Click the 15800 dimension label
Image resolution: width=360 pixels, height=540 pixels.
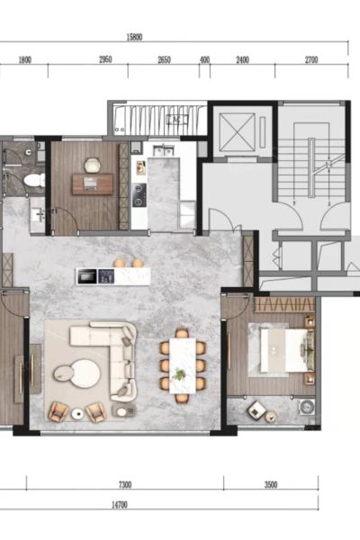tap(134, 38)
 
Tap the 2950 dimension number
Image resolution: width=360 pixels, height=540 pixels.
tap(105, 59)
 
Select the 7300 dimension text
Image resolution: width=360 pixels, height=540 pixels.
tap(125, 485)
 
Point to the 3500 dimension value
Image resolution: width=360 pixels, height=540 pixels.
tap(271, 485)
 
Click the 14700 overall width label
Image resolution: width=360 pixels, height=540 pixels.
tap(120, 505)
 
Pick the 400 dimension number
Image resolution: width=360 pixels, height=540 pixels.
tap(204, 60)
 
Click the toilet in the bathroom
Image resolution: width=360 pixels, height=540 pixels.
tap(34, 180)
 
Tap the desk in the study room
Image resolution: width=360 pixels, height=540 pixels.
tap(93, 184)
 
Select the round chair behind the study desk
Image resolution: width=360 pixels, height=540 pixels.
tap(92, 166)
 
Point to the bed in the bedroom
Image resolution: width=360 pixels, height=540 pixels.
tap(287, 350)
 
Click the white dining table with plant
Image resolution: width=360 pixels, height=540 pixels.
tap(183, 365)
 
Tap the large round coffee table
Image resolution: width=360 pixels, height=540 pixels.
tap(86, 373)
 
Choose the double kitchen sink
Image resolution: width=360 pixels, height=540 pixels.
tap(164, 150)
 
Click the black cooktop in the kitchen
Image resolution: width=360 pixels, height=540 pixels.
tap(139, 195)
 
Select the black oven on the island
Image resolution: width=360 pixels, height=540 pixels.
tap(86, 277)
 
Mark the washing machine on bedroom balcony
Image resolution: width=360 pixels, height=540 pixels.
tap(307, 408)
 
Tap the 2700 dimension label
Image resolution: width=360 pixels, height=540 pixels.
tap(311, 60)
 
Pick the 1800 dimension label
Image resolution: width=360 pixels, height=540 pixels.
tap(25, 60)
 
